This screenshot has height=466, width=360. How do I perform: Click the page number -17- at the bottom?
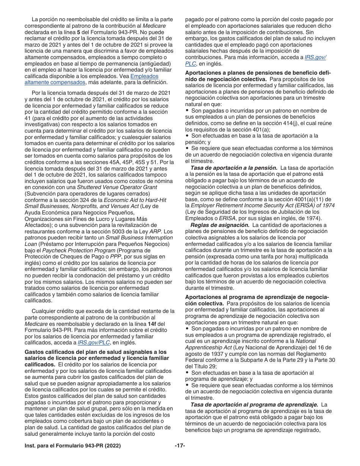[x=180, y=446]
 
